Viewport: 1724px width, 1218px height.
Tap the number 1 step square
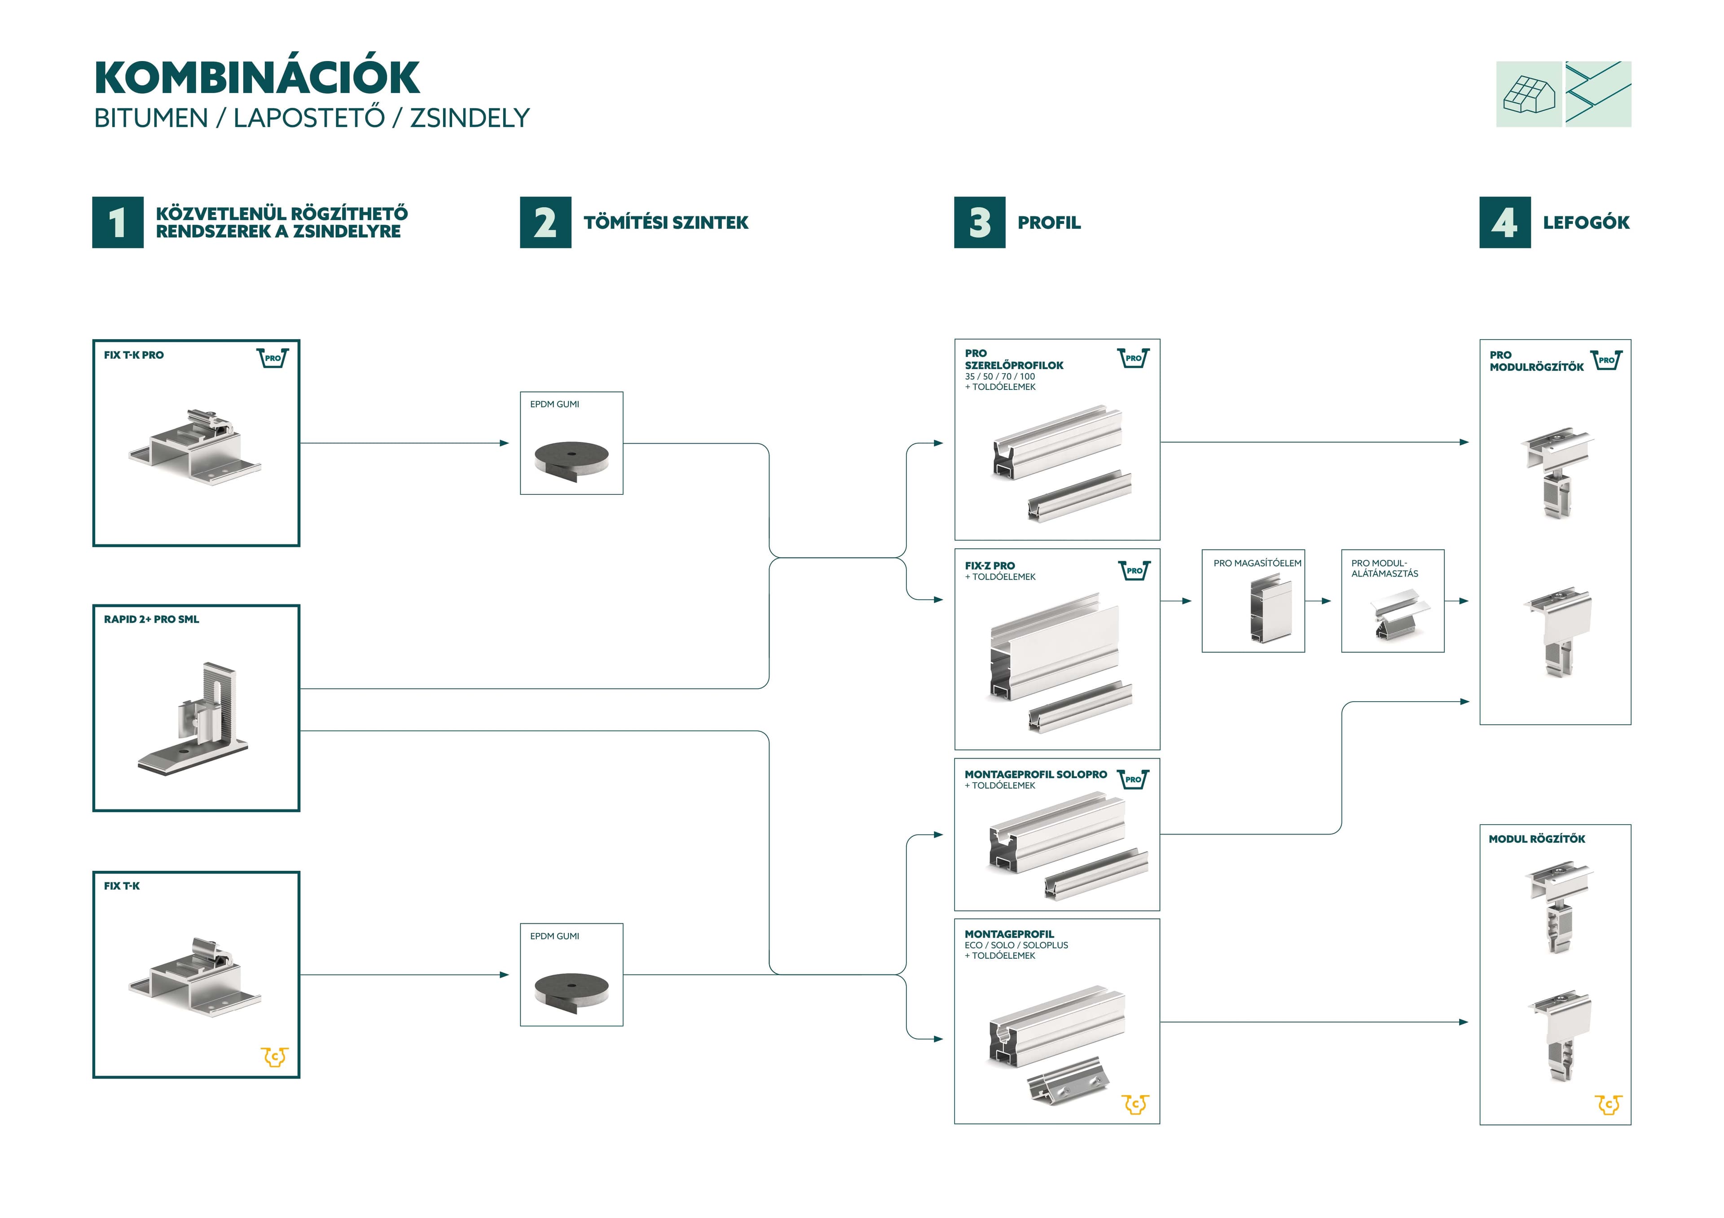pos(118,222)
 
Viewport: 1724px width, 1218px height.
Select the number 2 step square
pos(545,222)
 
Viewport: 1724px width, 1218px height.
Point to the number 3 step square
pos(979,222)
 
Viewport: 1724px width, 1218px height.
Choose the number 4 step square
pos(1505,222)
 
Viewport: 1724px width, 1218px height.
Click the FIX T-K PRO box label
pos(134,355)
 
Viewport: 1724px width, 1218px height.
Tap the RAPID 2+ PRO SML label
pos(152,619)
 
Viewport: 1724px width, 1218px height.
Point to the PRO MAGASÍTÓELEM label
pos(1257,563)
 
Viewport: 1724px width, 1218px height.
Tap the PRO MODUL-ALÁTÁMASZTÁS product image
pos(1397,616)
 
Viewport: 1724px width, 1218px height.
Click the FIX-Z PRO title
pos(990,566)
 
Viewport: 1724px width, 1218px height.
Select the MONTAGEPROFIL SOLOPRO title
pos(1035,774)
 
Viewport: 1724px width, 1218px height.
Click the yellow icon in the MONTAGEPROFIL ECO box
pos(1135,1104)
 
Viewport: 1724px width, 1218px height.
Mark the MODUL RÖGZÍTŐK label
pos(1536,839)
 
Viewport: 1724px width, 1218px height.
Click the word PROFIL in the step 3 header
pos(1049,222)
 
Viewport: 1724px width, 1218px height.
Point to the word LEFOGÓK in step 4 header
pos(1586,222)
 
